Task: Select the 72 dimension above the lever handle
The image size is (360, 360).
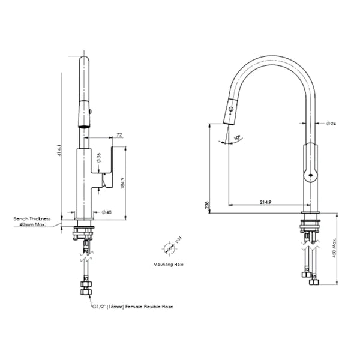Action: tap(119, 136)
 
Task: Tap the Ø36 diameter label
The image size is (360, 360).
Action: tap(98, 157)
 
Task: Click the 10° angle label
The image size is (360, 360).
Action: tap(238, 138)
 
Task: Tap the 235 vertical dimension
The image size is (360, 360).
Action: tap(207, 205)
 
